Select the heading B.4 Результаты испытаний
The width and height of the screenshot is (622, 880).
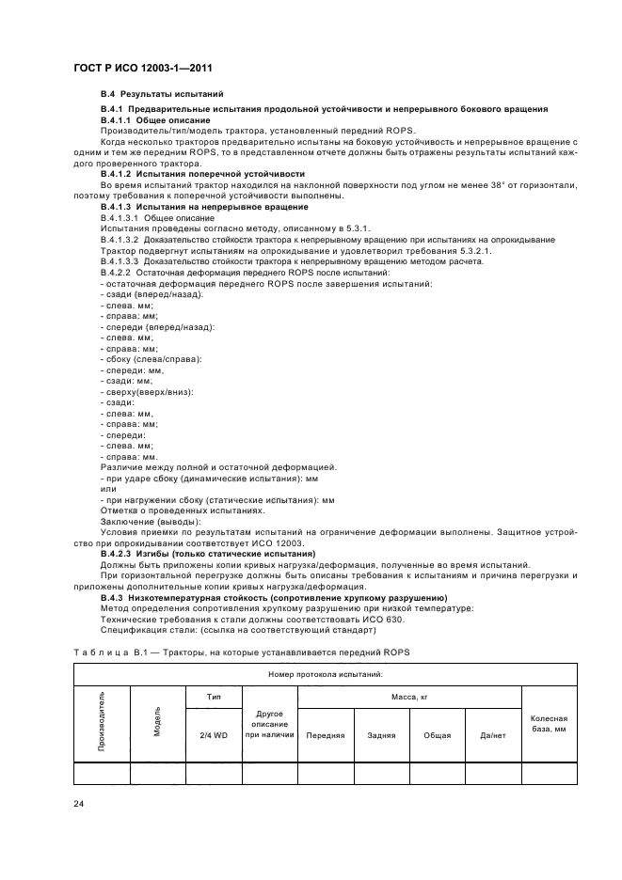161,96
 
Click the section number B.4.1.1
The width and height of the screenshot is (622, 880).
118,120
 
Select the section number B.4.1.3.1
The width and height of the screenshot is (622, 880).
120,217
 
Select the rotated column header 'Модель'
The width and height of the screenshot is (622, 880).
157,725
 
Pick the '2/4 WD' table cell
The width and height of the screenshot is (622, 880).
213,735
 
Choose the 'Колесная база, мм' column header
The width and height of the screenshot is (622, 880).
550,723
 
